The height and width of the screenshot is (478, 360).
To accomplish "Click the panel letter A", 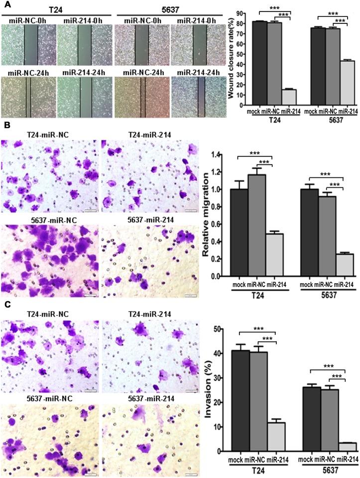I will click(4, 5).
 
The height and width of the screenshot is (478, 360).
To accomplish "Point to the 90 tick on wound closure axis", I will click(240, 13).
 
